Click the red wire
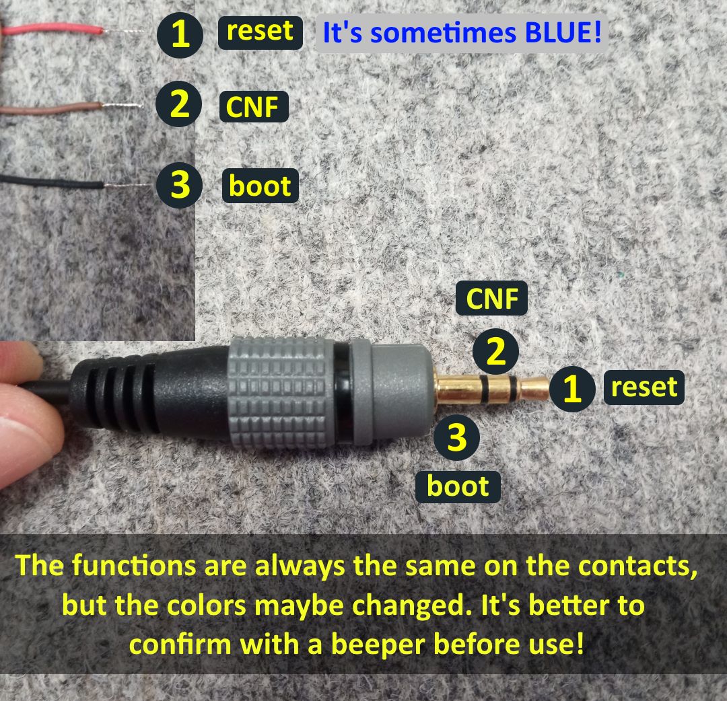pyautogui.click(x=54, y=30)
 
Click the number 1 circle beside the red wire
pyautogui.click(x=180, y=34)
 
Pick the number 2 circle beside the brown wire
pyautogui.click(x=178, y=105)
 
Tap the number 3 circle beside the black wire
pyautogui.click(x=179, y=185)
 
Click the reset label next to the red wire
pyautogui.click(x=260, y=32)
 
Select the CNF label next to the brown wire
pyautogui.click(x=254, y=106)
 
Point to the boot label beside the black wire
pyautogui.click(x=260, y=186)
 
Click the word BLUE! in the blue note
pyautogui.click(x=558, y=33)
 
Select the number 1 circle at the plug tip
pyautogui.click(x=572, y=389)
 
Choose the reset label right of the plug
pyautogui.click(x=644, y=388)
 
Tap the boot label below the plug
pyautogui.click(x=458, y=486)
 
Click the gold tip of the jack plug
pyautogui.click(x=536, y=388)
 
